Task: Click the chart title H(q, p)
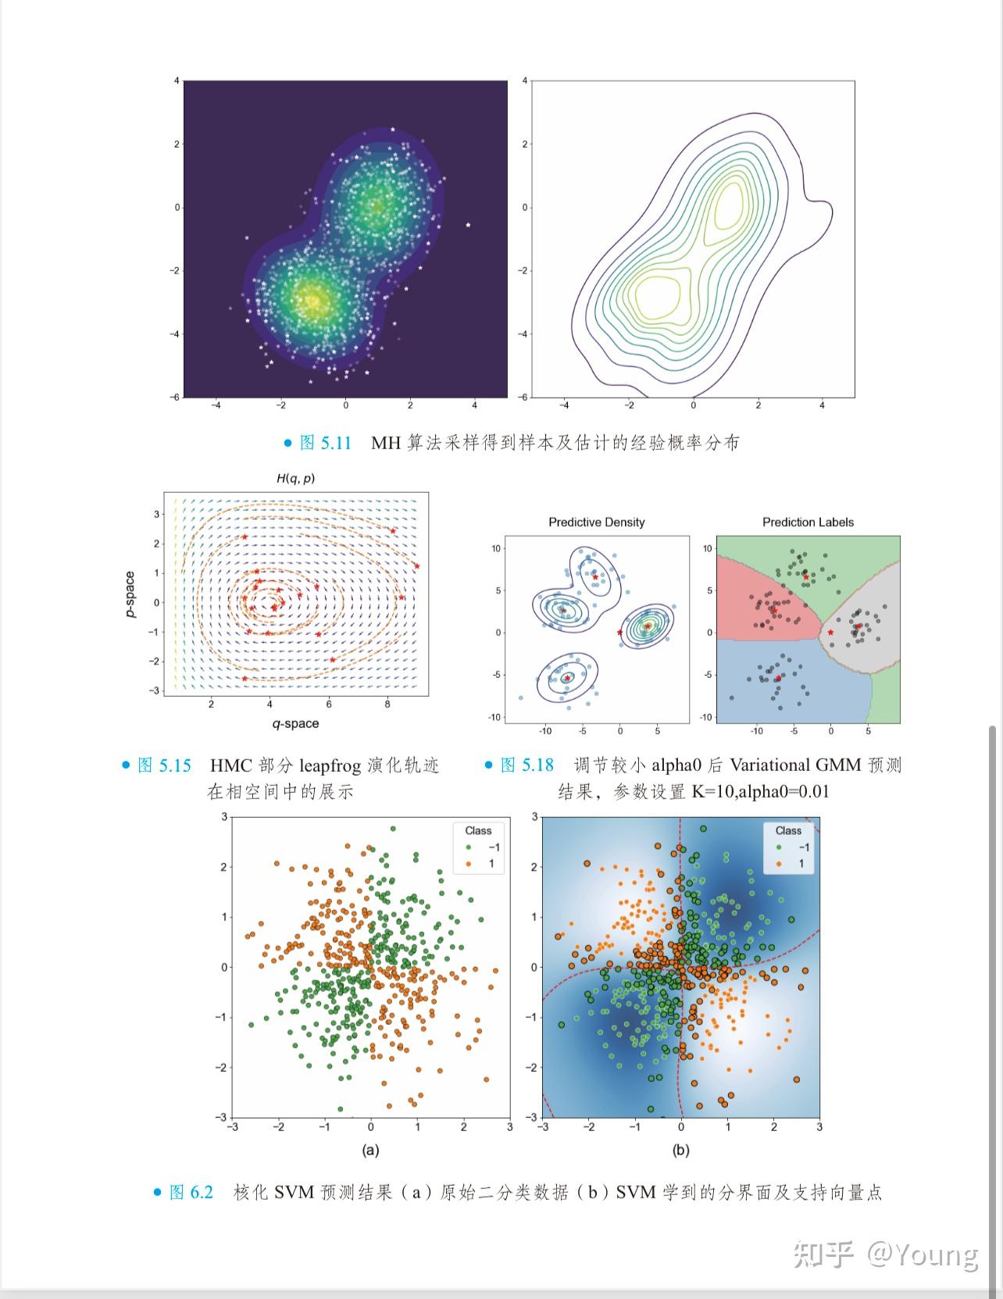[295, 478]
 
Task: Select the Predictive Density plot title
[596, 522]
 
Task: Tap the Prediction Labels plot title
[808, 522]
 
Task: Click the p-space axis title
[130, 594]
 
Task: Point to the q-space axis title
[295, 723]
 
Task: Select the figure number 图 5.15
[164, 765]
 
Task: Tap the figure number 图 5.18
[526, 765]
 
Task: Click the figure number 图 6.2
[191, 1192]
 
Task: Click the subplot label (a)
[370, 1150]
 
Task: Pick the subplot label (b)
[681, 1150]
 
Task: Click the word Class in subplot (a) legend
[478, 830]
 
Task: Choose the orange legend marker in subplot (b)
[778, 863]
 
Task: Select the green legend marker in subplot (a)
[468, 847]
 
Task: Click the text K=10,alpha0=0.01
[760, 791]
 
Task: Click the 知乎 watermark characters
[824, 1254]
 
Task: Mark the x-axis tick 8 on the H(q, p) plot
[387, 704]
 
